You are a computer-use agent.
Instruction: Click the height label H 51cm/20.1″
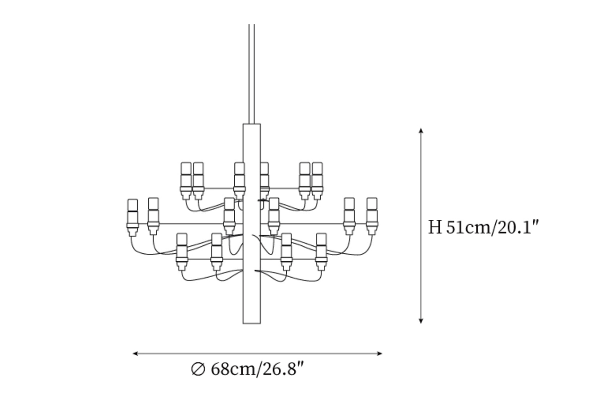483,227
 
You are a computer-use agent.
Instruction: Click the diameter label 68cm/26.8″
257,369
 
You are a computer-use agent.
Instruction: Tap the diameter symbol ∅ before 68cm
198,369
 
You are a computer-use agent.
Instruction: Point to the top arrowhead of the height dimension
421,131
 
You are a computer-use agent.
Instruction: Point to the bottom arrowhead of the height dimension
421,321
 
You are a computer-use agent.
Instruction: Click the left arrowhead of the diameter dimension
135,353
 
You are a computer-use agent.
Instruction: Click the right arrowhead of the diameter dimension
380,353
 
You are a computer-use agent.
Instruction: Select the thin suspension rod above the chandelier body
252,74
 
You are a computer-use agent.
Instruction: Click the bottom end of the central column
252,323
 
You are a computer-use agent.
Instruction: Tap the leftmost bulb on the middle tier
132,218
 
